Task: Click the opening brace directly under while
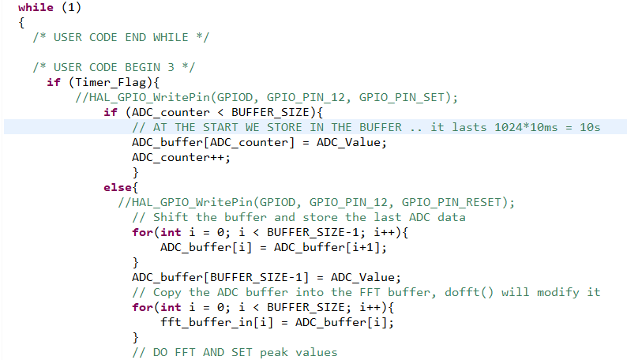[x=21, y=23]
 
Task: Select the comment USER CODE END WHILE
[x=121, y=37]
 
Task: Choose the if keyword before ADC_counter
[x=110, y=112]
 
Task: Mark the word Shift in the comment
[x=171, y=217]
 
